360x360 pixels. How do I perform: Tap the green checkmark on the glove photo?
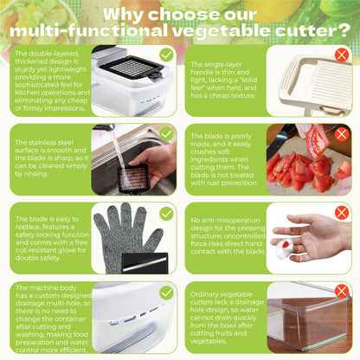point(166,213)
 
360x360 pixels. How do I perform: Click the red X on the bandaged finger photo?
point(342,213)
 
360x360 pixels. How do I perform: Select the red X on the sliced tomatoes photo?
point(342,134)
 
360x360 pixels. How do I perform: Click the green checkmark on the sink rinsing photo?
point(166,134)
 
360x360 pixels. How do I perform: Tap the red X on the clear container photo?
point(342,292)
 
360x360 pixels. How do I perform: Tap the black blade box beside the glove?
point(145,263)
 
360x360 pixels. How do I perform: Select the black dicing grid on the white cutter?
point(132,68)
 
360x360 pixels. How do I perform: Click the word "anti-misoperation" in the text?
point(225,221)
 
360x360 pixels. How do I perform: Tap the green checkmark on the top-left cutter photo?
point(166,55)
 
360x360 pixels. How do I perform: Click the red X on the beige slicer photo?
point(342,55)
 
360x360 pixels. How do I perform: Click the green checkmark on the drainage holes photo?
point(166,293)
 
